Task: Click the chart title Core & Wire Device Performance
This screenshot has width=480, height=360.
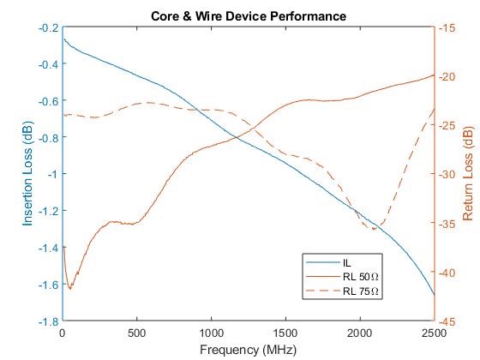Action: [x=249, y=15]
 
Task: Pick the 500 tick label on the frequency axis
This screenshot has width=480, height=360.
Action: [x=137, y=333]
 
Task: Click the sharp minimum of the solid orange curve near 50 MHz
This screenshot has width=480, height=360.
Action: [x=70, y=289]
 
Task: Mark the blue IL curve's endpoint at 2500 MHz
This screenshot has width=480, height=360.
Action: [x=434, y=296]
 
